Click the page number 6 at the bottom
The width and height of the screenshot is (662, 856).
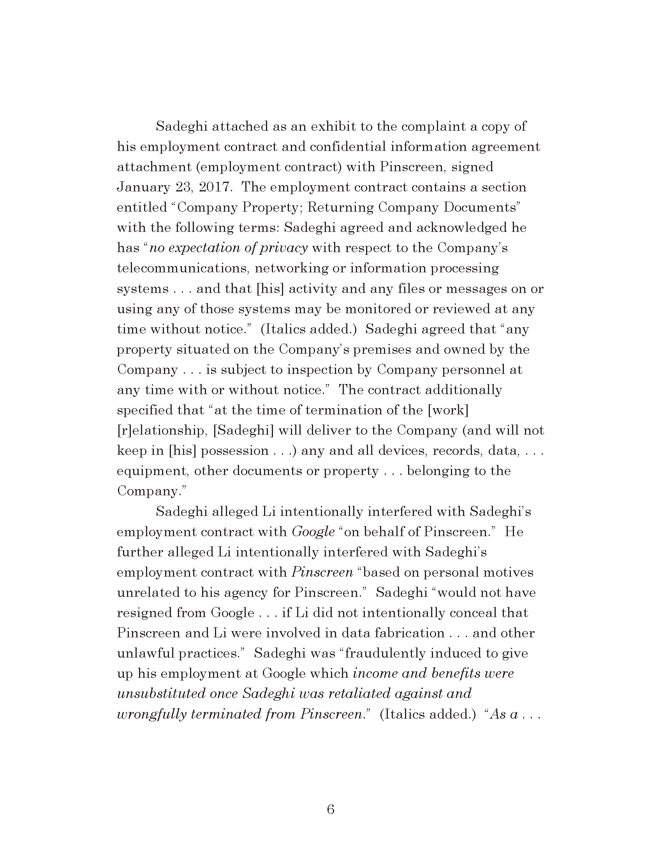click(x=330, y=809)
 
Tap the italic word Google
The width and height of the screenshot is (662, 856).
click(x=313, y=532)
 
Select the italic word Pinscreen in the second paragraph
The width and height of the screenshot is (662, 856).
click(x=322, y=572)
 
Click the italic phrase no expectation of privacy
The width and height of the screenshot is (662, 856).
click(x=229, y=248)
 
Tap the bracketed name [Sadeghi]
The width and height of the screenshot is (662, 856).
click(x=243, y=430)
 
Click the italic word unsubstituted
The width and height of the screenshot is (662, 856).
click(x=161, y=693)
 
